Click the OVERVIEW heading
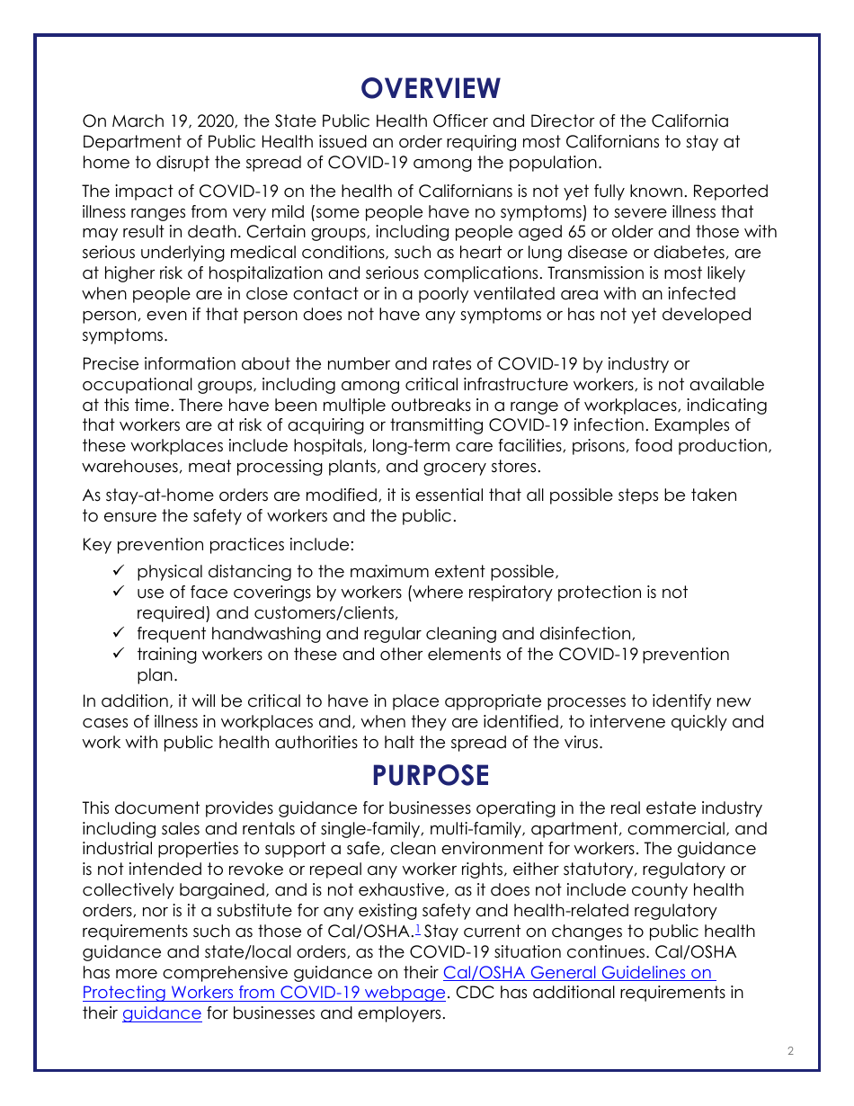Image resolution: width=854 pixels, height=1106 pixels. pos(431,88)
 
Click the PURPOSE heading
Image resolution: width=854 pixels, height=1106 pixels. pos(431,775)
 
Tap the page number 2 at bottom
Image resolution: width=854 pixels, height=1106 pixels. pos(790,1051)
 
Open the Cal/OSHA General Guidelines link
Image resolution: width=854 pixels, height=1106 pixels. pos(579,973)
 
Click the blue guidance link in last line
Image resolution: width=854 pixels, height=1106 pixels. pos(162,1013)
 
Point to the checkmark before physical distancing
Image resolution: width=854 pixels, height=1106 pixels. pos(119,571)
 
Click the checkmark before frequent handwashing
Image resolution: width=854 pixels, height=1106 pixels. pos(119,633)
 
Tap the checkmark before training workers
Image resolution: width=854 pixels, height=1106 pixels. pos(119,654)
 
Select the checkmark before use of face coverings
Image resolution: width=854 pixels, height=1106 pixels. pos(119,592)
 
